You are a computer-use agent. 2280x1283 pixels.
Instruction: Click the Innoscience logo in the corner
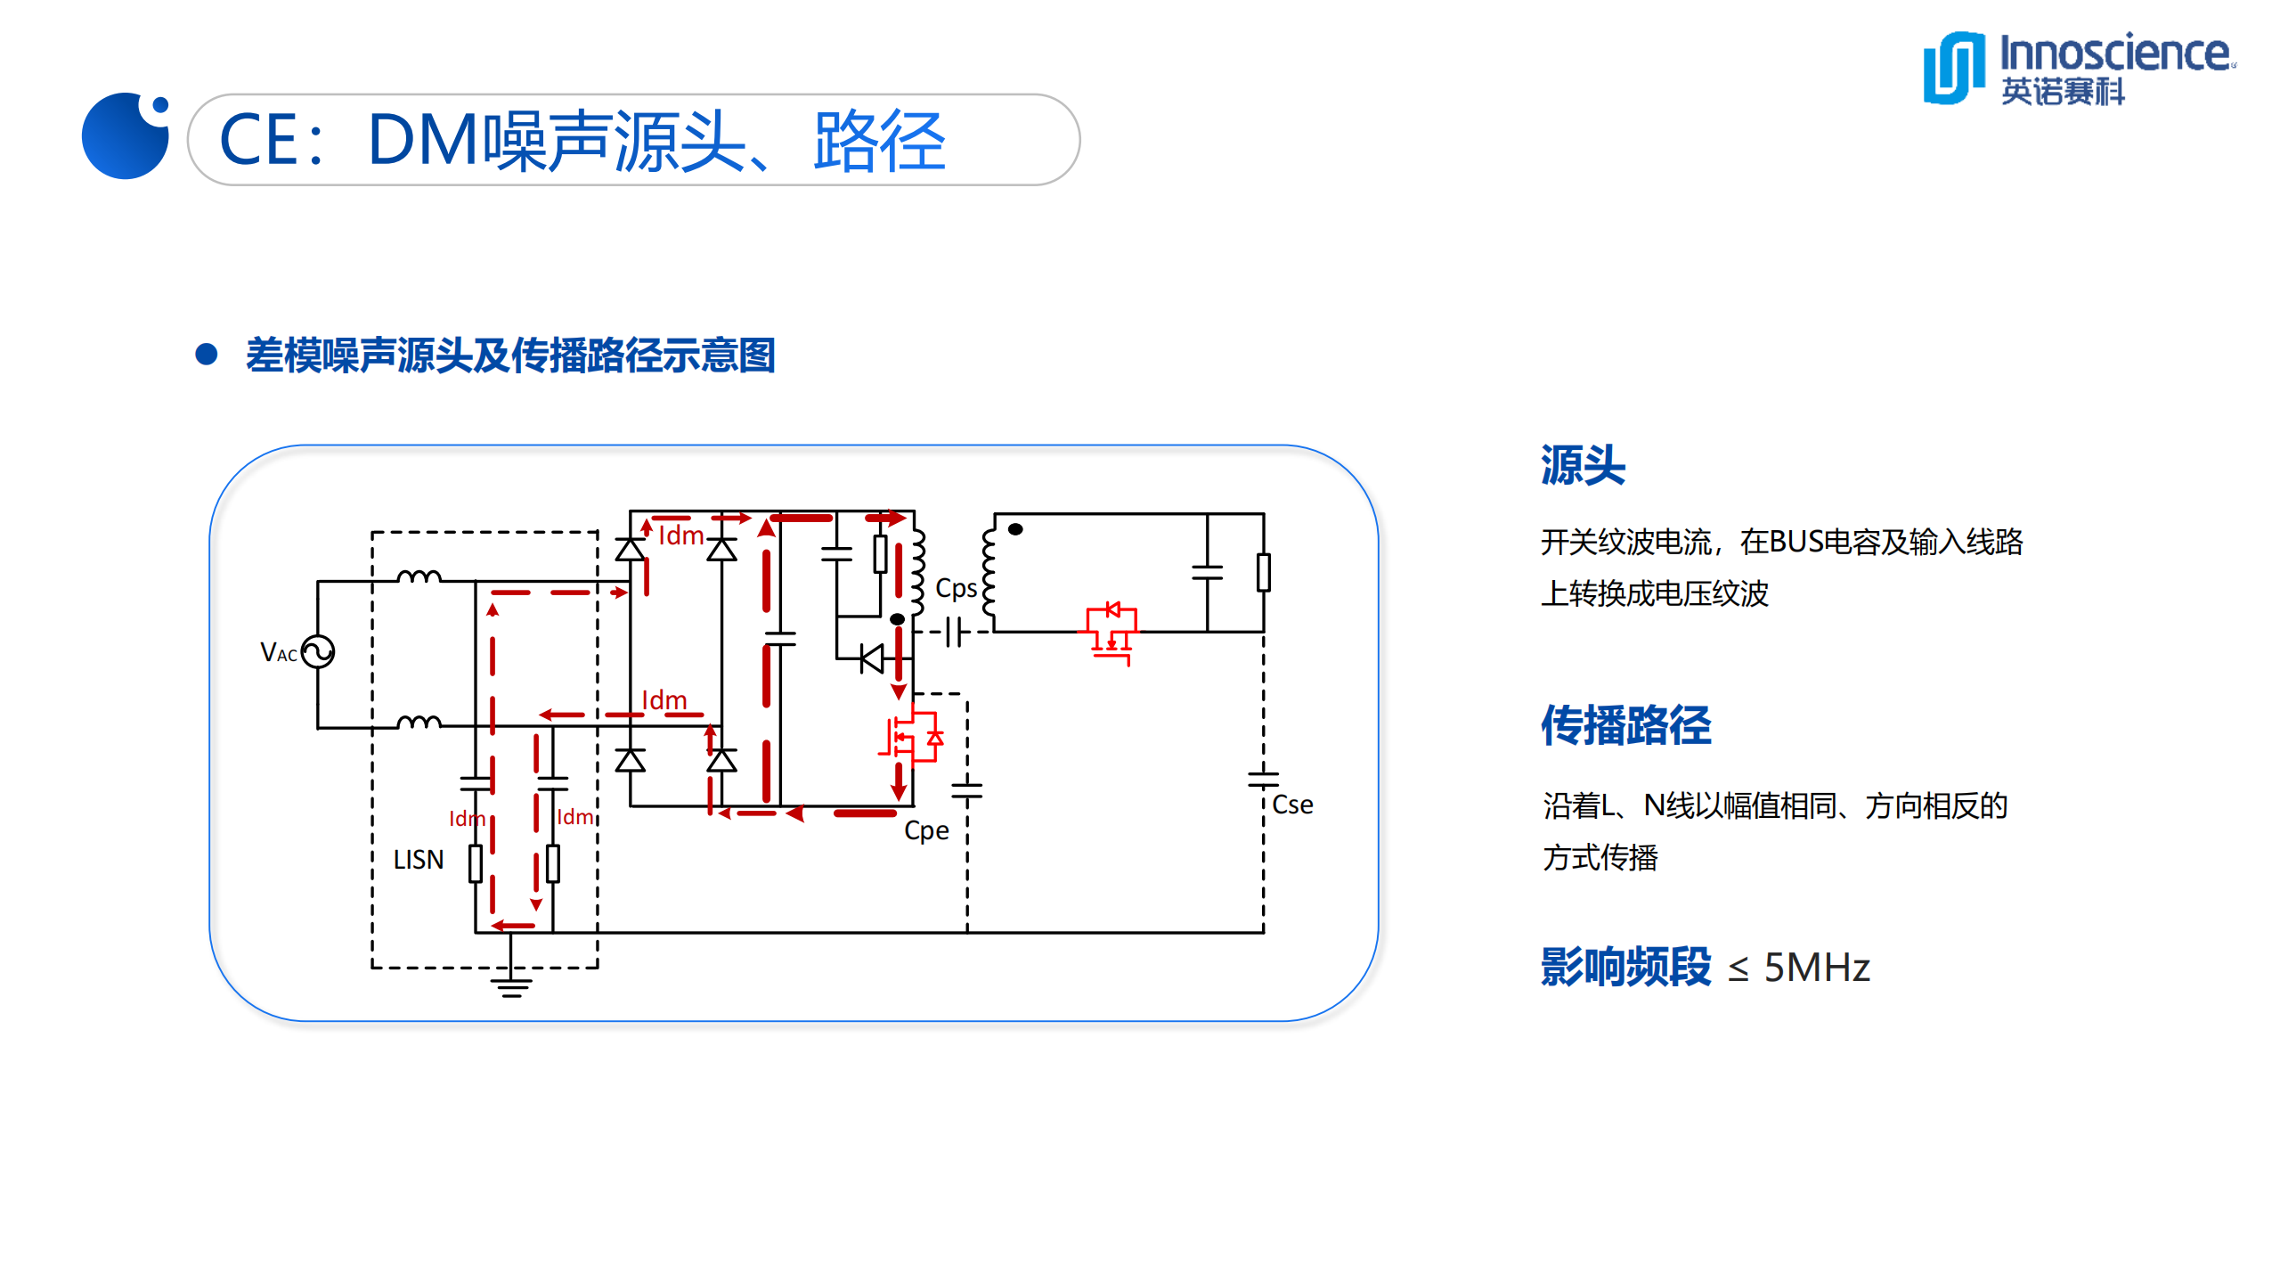coord(2075,68)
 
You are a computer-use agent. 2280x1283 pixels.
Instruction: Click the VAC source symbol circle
coord(318,651)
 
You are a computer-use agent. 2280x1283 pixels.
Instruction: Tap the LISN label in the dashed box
coord(419,860)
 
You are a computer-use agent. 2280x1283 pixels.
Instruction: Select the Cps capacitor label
coord(956,589)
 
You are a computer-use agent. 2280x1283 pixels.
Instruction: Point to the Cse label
coord(1292,805)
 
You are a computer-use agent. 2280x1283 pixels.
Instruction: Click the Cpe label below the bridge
coord(926,830)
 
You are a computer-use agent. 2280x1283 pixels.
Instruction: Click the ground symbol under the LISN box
coord(511,985)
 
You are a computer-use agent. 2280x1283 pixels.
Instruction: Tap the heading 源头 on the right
coord(1583,465)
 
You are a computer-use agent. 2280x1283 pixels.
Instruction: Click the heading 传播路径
coord(1625,725)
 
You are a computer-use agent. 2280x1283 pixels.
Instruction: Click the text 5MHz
coord(1816,968)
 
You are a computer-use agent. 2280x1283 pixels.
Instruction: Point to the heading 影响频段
coord(1625,968)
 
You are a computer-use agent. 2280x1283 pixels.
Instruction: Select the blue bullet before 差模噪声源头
coord(207,355)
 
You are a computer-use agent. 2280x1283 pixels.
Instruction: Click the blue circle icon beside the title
coord(125,136)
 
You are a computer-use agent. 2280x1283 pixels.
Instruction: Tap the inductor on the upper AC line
coord(419,576)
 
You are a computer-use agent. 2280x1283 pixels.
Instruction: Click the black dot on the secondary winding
coord(1015,529)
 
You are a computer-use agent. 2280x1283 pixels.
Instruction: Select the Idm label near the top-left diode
coord(680,535)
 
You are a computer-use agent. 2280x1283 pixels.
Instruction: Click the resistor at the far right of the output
coord(1263,572)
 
